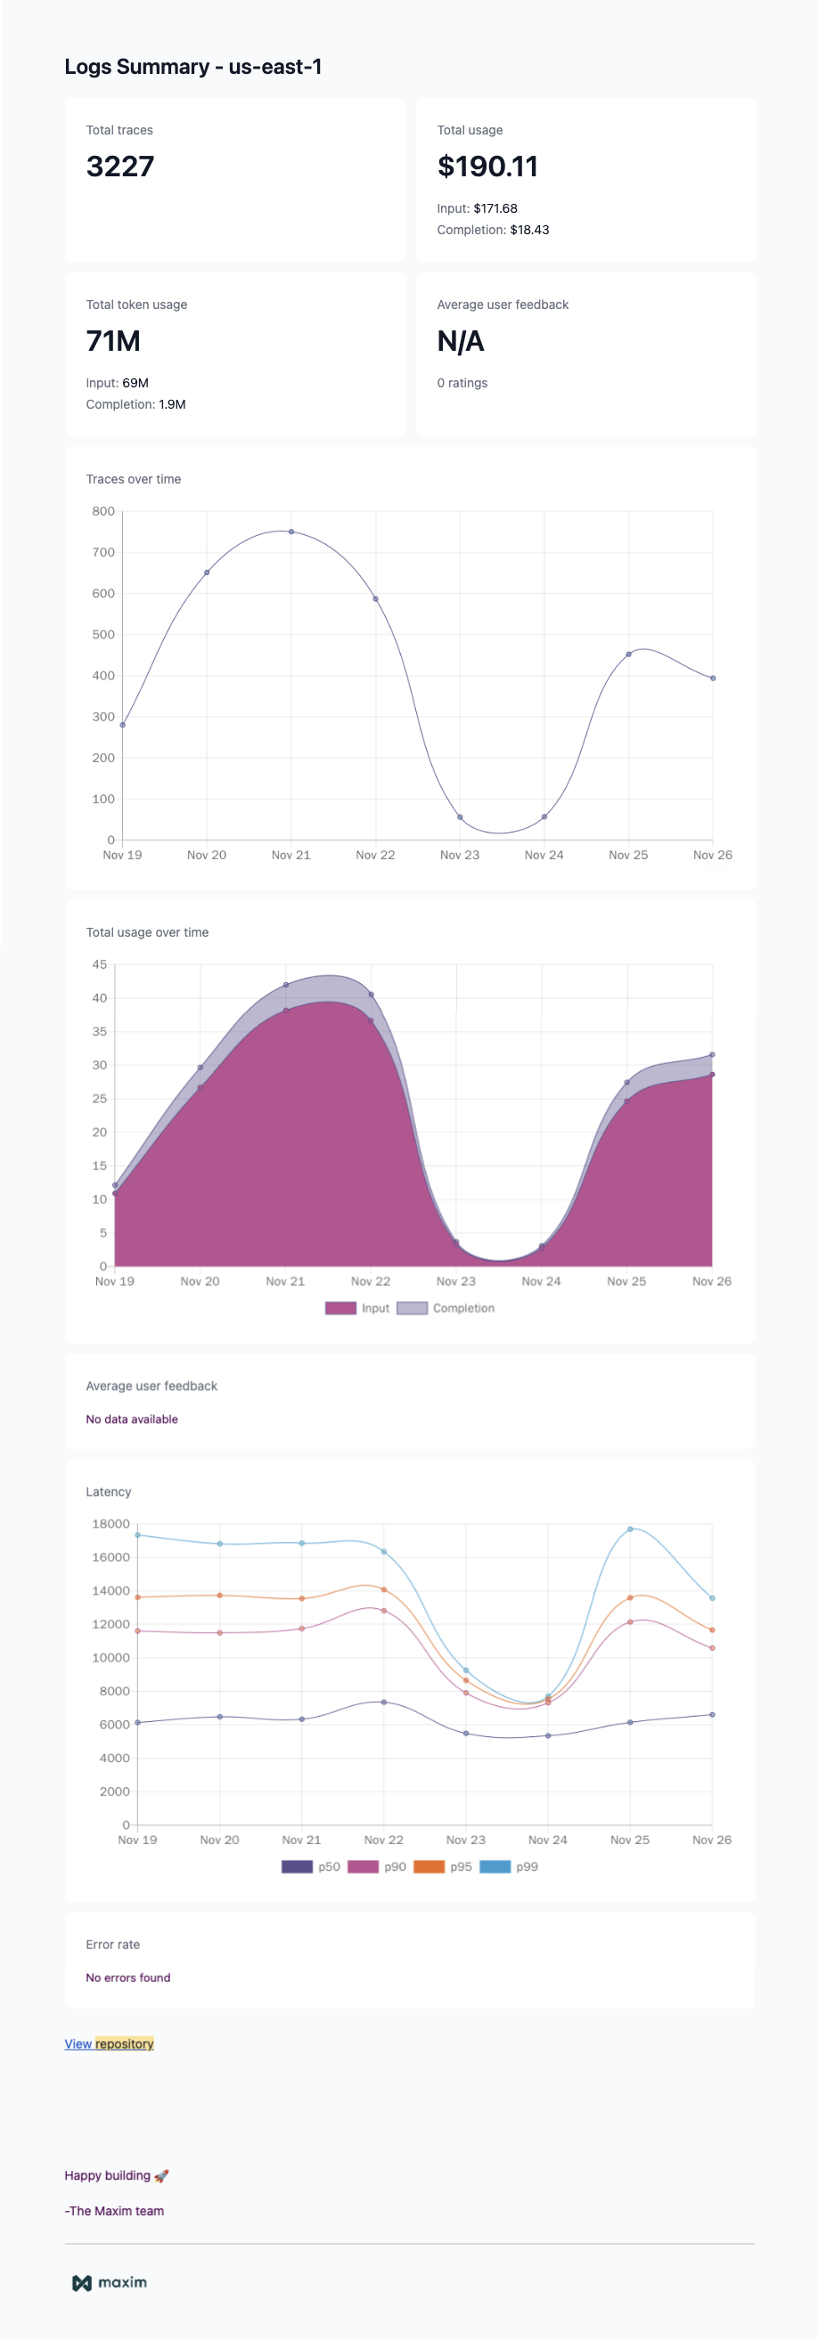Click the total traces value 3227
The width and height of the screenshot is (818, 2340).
(120, 167)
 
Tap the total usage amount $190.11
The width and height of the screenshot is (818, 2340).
(487, 167)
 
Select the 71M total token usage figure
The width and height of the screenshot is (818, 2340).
(112, 341)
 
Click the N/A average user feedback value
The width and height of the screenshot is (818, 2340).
(460, 341)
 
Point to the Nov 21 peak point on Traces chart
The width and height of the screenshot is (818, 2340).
(290, 532)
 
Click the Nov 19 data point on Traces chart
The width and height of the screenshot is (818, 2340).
(123, 725)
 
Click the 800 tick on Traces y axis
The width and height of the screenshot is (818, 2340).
(103, 511)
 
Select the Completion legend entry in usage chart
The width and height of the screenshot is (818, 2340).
(446, 1308)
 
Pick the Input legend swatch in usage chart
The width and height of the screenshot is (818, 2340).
(340, 1308)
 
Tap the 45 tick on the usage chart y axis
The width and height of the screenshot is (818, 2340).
(99, 963)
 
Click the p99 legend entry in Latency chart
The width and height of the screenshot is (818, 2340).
(510, 1866)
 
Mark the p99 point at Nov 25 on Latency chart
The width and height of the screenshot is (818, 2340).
(630, 1529)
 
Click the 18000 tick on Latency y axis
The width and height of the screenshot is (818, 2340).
(110, 1523)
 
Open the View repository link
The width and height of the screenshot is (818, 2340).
(109, 2043)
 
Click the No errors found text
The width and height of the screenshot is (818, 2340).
(128, 1978)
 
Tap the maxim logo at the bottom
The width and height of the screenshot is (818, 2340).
(109, 2283)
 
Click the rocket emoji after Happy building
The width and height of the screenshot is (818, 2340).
(162, 2175)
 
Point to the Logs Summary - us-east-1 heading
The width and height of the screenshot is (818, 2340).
(192, 66)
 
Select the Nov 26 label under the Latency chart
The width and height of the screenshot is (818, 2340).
(712, 1840)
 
